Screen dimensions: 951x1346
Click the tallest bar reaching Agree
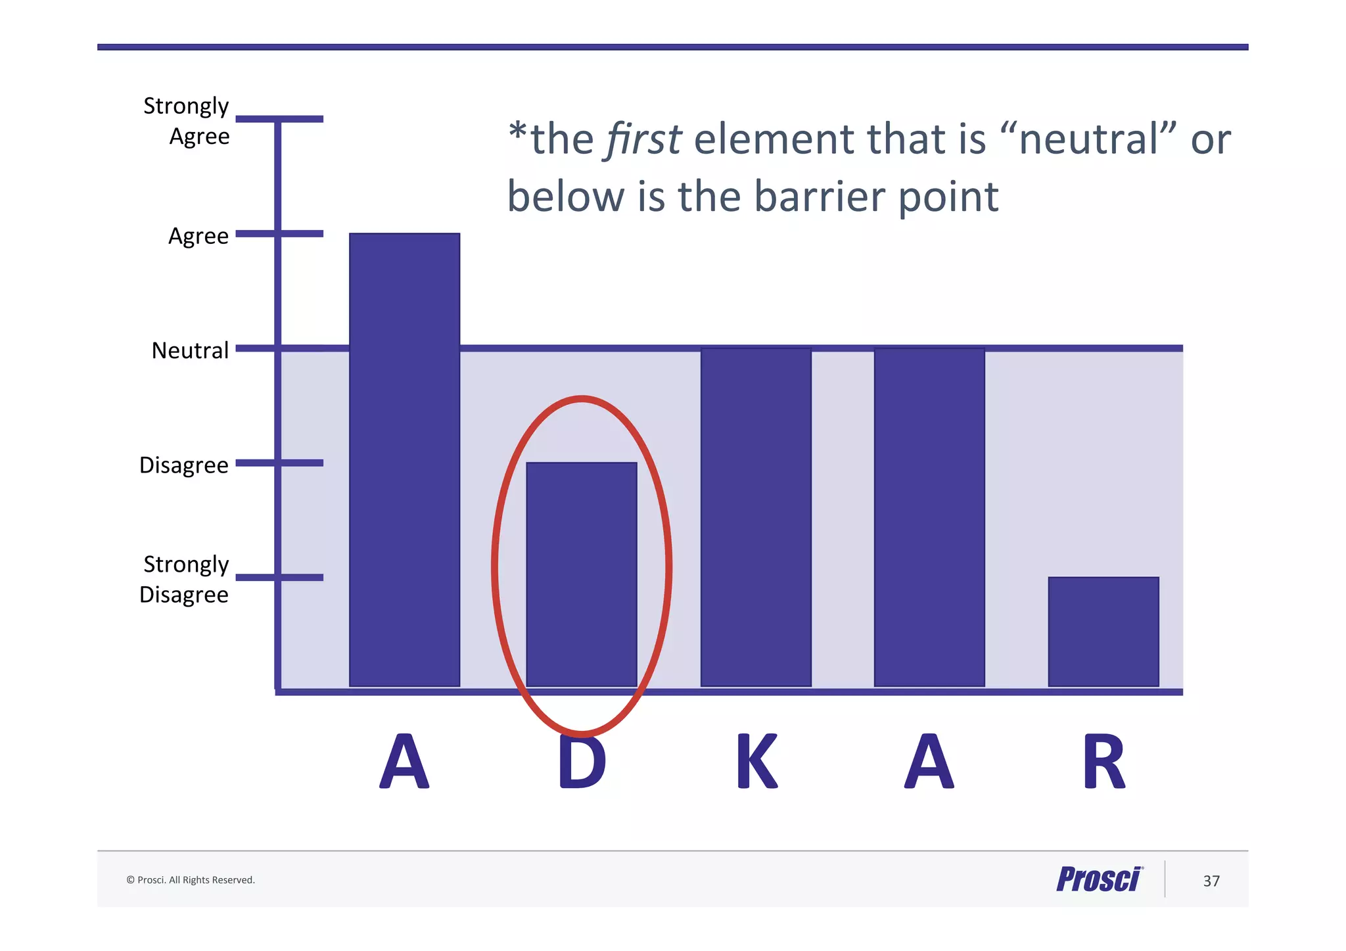404,459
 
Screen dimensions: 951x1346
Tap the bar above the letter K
756,517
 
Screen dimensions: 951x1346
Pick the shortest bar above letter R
1103,632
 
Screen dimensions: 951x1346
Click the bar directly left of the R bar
929,517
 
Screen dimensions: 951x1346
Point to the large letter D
582,762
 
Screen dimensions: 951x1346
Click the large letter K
757,762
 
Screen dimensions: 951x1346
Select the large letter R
1104,762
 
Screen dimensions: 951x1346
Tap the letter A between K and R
929,762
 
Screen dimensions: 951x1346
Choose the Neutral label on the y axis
190,350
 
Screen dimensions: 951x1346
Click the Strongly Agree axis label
187,121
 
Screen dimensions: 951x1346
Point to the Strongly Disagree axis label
185,579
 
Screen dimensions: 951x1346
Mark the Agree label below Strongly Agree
198,236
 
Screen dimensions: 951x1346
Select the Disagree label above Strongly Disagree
184,465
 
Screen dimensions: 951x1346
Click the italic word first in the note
643,139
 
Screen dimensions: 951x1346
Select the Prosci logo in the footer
1100,879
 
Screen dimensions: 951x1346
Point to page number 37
1211,881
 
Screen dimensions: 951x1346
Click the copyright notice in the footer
191,880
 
